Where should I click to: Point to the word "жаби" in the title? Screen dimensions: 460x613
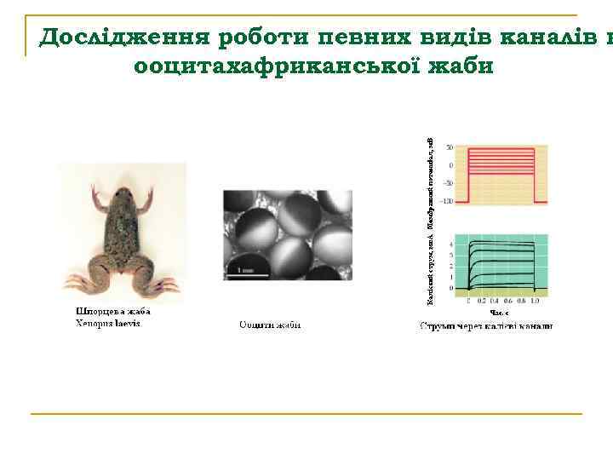[459, 65]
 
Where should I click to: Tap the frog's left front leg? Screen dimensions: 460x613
[101, 204]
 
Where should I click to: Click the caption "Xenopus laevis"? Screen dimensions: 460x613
[108, 324]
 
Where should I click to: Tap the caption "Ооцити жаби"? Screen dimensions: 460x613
[270, 325]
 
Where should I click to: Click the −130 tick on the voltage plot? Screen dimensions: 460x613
[447, 201]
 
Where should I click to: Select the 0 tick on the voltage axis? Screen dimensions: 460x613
[450, 165]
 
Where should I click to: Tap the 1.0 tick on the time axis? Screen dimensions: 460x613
[534, 302]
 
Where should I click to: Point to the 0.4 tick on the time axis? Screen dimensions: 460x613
[495, 302]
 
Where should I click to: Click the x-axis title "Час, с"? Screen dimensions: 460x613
[499, 313]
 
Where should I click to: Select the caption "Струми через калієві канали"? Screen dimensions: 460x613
[486, 325]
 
